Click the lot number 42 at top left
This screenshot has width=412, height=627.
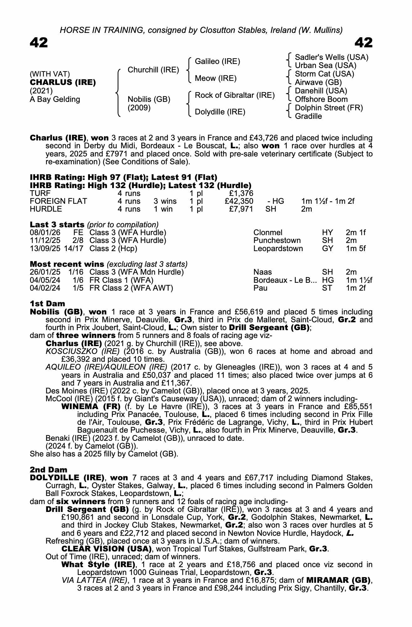(39, 43)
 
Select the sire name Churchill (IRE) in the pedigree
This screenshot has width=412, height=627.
(153, 70)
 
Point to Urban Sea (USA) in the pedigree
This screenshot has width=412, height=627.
(326, 66)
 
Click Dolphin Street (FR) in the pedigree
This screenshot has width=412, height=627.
(329, 108)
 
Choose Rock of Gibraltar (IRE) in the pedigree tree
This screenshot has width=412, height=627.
(235, 95)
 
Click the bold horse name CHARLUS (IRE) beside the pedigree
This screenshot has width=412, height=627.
(63, 82)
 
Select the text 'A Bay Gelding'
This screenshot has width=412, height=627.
(55, 99)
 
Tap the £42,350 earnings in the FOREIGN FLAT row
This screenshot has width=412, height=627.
(239, 201)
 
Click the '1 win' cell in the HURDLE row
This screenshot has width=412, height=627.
(163, 209)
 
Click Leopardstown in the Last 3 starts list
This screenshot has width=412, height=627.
(278, 249)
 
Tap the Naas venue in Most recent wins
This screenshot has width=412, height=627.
(263, 272)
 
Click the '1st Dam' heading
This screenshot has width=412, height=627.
(47, 303)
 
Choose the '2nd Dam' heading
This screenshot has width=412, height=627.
(49, 470)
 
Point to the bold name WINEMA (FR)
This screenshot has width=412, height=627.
(91, 407)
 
